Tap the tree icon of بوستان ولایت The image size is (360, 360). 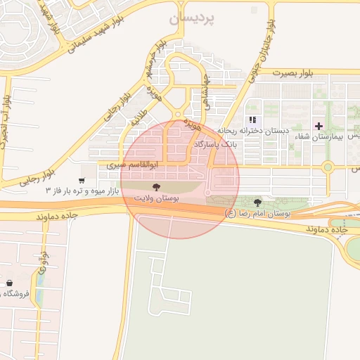click(x=155, y=187)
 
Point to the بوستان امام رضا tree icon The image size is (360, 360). click(x=257, y=201)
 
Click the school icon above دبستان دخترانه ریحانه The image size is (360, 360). click(x=252, y=120)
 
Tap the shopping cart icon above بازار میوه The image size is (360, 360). click(x=84, y=169)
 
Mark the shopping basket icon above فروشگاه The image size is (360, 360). click(x=9, y=283)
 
